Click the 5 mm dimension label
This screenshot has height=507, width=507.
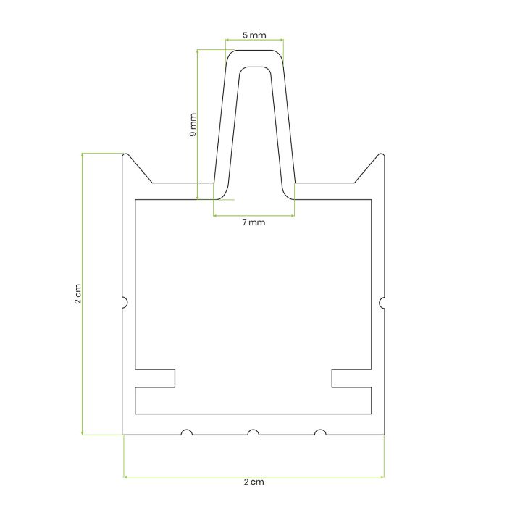(x=253, y=34)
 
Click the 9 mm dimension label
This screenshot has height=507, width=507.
(x=192, y=124)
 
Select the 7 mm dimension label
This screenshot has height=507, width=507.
(x=253, y=223)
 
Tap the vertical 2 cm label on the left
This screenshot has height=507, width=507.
(x=77, y=293)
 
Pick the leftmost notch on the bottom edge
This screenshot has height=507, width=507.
(x=187, y=432)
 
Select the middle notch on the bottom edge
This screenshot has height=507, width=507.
(x=253, y=432)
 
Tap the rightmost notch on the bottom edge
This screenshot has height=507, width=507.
(x=319, y=432)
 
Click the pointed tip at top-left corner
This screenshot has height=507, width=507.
(x=127, y=154)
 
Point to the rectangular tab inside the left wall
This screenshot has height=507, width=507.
(x=155, y=378)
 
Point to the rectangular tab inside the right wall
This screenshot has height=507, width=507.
(x=351, y=378)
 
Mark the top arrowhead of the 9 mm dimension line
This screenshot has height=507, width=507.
(x=197, y=51)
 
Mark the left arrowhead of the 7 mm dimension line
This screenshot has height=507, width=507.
(x=215, y=216)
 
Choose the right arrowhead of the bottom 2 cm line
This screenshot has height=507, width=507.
(x=382, y=477)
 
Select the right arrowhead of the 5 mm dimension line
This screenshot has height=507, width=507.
(x=282, y=40)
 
